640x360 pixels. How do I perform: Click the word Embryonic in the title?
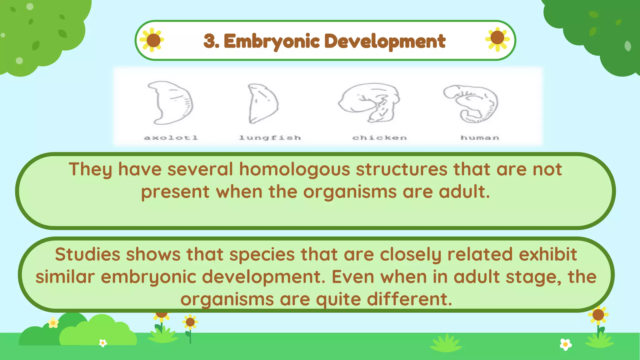tap(272, 41)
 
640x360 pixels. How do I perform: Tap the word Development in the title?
tap(385, 41)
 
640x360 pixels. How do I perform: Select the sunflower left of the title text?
tap(152, 40)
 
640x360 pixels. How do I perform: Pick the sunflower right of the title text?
tap(497, 39)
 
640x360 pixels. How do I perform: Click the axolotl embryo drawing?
tap(171, 103)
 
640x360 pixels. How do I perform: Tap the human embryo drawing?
tap(471, 103)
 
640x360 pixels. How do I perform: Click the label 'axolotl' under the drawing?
tap(171, 137)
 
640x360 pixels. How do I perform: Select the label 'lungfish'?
tap(270, 137)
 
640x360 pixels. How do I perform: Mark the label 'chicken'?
tap(380, 137)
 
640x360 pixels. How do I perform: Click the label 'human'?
tap(480, 137)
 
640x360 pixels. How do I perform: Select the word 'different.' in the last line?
tap(409, 299)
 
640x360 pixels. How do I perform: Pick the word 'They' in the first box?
tap(90, 169)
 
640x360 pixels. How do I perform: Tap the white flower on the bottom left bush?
tap(103, 343)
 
